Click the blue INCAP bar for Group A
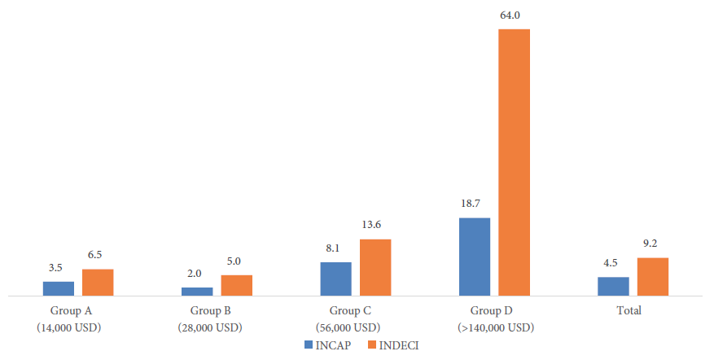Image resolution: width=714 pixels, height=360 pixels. (59, 288)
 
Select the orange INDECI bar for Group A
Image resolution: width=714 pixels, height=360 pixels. (98, 282)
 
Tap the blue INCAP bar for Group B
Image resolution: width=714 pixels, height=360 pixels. (197, 291)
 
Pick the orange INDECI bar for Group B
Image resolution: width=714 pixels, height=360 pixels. (237, 284)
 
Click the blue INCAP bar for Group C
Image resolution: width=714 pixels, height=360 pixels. (336, 279)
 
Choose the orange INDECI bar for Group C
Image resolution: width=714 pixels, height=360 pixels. (375, 267)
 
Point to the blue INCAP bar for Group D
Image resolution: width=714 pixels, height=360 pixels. (475, 257)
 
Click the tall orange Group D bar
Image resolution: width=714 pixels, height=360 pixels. (515, 162)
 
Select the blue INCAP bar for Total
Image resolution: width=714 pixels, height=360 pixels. (613, 286)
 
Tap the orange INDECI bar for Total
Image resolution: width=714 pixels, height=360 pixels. (653, 276)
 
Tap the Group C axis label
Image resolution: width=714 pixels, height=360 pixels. (350, 310)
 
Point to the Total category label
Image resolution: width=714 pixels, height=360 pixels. (629, 310)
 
